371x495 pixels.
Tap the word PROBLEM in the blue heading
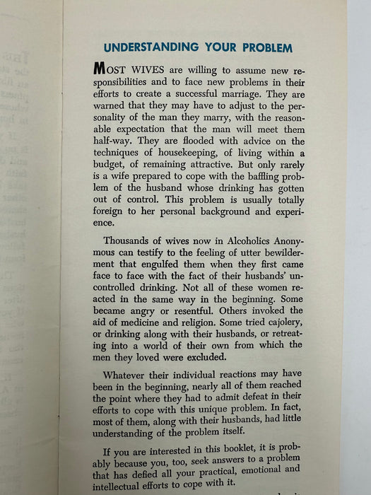[x=264, y=48]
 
